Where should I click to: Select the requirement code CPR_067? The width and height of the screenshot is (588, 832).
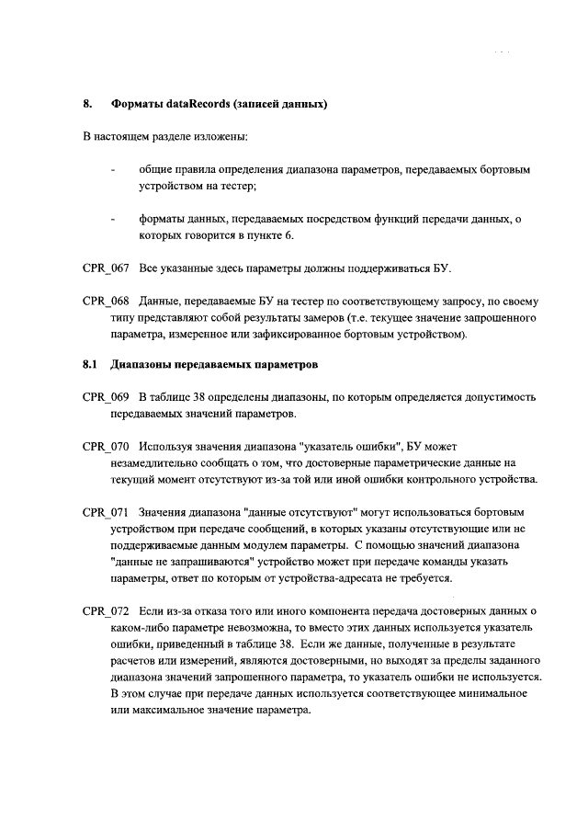pyautogui.click(x=106, y=269)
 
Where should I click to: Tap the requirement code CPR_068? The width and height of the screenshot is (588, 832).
pyautogui.click(x=106, y=302)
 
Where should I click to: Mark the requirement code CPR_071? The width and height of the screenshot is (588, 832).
pyautogui.click(x=106, y=511)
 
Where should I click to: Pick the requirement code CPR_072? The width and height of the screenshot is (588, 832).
pyautogui.click(x=106, y=611)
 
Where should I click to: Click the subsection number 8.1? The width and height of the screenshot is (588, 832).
pyautogui.click(x=89, y=365)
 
